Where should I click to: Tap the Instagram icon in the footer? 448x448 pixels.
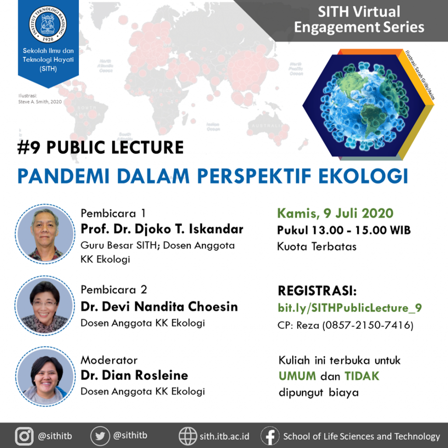tap(24, 436)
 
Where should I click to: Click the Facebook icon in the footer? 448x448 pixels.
tap(270, 436)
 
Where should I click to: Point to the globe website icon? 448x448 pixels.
tap(188, 436)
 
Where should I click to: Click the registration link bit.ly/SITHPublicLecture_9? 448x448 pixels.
tap(350, 308)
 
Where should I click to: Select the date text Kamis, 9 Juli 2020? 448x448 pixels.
tap(335, 213)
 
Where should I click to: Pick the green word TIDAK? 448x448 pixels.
tap(361, 376)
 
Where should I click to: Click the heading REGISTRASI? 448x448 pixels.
tap(317, 291)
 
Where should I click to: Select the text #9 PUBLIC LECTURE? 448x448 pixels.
tap(101, 147)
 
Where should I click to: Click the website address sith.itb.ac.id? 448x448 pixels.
tap(224, 436)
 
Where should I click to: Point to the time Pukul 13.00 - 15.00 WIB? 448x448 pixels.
tap(344, 230)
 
